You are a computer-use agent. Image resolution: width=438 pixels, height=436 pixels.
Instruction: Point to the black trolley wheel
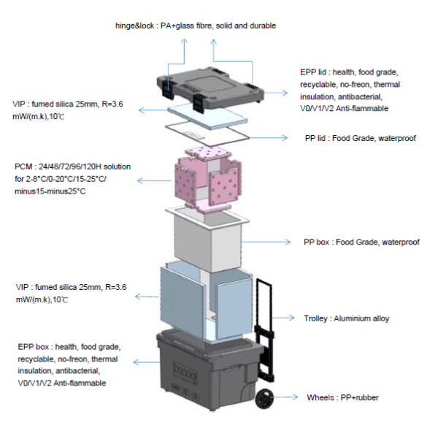[264, 400]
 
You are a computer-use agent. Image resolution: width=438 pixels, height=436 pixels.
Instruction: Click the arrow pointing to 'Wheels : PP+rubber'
[288, 398]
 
